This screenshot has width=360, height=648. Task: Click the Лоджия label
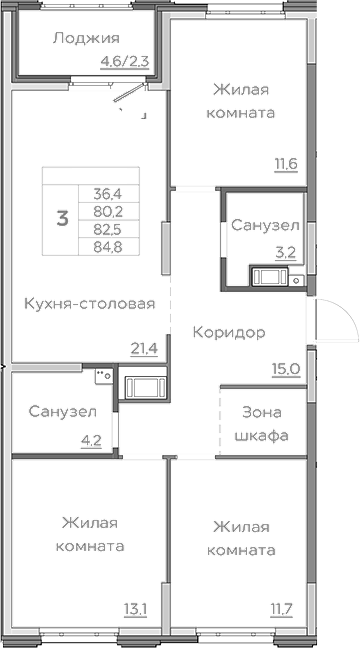point(81,39)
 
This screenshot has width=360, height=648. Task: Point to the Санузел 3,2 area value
point(286,253)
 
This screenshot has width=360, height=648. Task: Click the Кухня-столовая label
point(90,304)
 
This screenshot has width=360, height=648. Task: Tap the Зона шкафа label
point(262,424)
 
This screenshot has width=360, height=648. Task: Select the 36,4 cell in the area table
point(105,194)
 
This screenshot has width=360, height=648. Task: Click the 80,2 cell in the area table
point(105,211)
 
